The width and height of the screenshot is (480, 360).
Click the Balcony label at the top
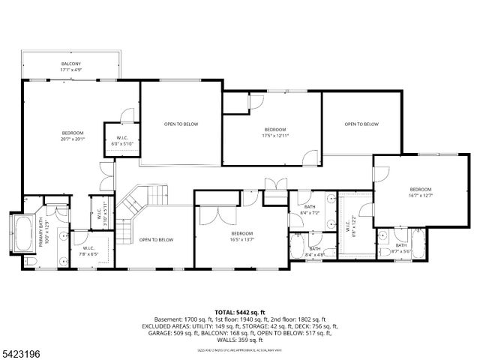70,68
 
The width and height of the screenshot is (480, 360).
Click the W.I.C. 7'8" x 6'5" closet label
88,251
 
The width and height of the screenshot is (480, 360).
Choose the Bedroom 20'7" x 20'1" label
72,135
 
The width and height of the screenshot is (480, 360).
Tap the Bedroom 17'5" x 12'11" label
274,133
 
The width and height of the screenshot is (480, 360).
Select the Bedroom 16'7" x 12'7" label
421,192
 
